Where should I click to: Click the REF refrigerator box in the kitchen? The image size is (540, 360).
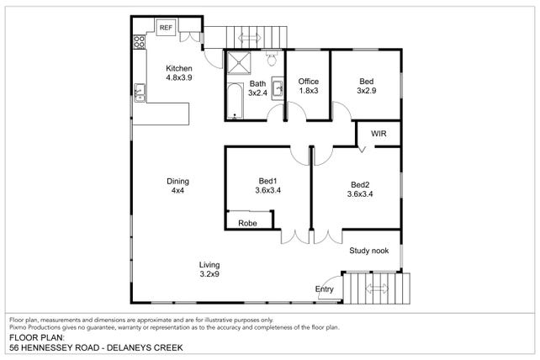click(166, 27)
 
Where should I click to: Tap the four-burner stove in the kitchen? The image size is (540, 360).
click(139, 42)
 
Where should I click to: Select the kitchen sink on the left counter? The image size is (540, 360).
click(140, 93)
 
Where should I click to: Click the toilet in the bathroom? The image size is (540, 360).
click(272, 59)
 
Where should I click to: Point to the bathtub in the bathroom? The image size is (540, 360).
click(235, 101)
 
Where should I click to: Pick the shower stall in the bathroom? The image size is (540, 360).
click(239, 62)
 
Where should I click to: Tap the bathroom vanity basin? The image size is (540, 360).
click(278, 88)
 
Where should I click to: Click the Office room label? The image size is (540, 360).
click(308, 82)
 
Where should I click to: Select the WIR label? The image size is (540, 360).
click(379, 134)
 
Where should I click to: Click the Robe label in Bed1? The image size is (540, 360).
click(247, 223)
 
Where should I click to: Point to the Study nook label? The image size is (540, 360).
click(369, 251)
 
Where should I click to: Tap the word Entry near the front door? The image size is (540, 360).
click(324, 289)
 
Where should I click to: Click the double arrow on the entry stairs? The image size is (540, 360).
click(377, 289)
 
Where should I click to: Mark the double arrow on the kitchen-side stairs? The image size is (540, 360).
click(249, 37)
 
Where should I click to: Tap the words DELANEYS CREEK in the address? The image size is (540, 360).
click(145, 347)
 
